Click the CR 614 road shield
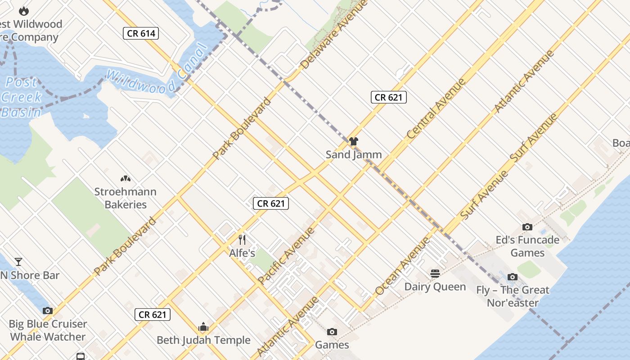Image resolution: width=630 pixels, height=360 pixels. (x=141, y=33)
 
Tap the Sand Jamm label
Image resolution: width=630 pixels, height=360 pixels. (x=354, y=154)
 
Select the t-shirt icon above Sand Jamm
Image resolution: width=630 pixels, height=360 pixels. (x=354, y=141)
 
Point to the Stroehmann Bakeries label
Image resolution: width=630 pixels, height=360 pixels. (x=126, y=198)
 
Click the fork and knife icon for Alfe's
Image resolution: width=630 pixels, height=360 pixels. (x=242, y=239)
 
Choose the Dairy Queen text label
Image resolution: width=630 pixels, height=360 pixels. (x=435, y=287)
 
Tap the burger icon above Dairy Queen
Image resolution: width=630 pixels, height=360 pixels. (x=435, y=273)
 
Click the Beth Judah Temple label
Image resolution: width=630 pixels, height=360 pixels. (x=203, y=340)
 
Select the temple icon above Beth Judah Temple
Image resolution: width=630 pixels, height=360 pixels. (x=203, y=327)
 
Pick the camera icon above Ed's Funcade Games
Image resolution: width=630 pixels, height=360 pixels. (x=527, y=227)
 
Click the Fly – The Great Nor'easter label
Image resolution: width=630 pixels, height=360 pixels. (x=513, y=296)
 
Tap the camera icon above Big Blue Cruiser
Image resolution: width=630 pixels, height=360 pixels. (x=48, y=310)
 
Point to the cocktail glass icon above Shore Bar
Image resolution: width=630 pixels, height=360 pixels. (x=18, y=261)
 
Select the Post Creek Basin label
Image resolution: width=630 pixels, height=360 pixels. (x=21, y=97)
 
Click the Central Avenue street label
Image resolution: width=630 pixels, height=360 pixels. (x=436, y=109)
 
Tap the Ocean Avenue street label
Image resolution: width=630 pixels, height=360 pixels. (x=402, y=266)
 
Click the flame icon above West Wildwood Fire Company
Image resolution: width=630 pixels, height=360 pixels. (x=24, y=11)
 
